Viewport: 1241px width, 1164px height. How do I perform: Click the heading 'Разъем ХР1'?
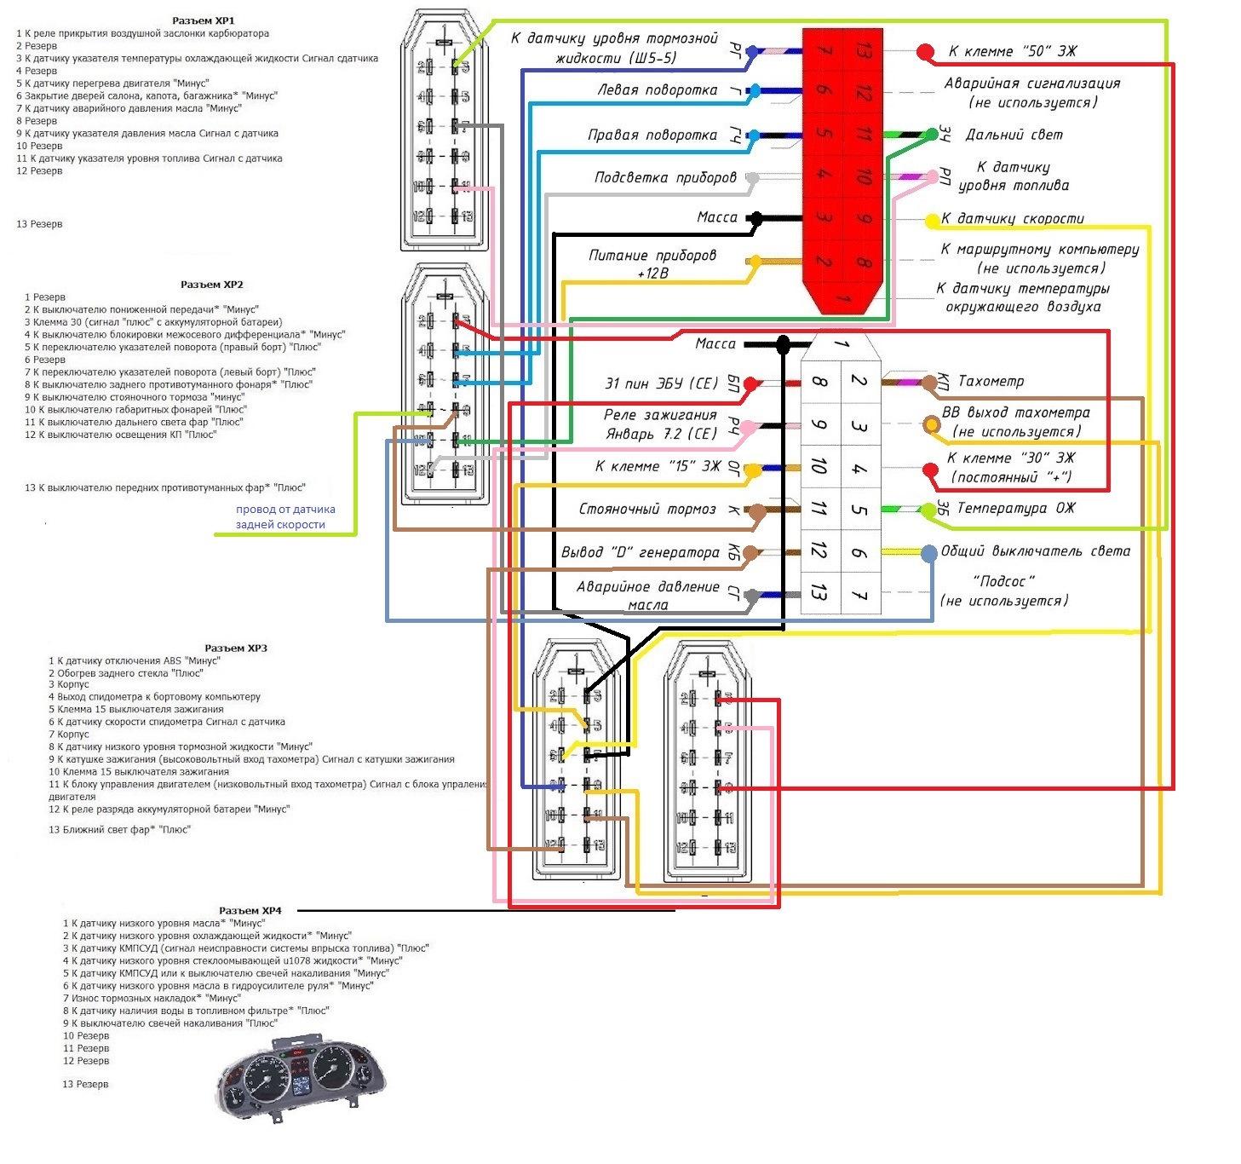203,20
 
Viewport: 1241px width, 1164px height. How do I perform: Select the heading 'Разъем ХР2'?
211,285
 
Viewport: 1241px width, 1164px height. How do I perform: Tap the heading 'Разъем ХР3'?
236,648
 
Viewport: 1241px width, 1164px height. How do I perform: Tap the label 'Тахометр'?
991,381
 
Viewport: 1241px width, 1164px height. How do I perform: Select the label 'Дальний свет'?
1014,135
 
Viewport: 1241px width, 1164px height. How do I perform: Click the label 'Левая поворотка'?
657,90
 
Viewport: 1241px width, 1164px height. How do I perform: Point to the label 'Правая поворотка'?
652,135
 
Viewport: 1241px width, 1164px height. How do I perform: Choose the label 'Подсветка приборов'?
664,178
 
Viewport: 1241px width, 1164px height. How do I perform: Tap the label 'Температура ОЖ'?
1015,508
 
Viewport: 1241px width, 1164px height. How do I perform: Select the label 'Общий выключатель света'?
1035,551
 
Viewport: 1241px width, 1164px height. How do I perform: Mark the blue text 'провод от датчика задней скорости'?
285,517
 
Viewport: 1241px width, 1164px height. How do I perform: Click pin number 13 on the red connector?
863,50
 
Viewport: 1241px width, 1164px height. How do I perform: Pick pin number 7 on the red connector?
823,50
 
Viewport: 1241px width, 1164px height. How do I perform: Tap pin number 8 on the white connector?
819,381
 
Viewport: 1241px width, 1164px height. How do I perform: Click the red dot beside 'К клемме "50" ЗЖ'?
925,52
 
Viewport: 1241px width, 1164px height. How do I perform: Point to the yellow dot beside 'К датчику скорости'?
932,220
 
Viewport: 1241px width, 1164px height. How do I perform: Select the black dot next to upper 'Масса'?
755,218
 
